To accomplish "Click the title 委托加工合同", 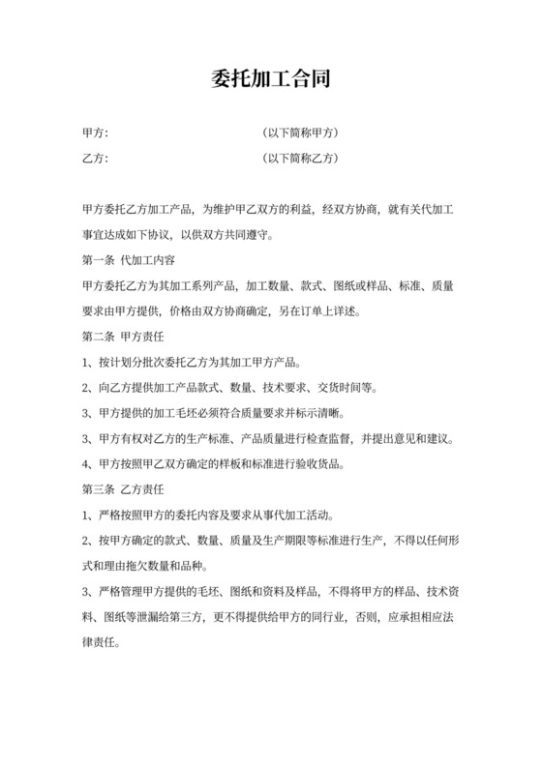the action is (x=271, y=78).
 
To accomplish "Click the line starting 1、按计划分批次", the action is (x=193, y=365).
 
